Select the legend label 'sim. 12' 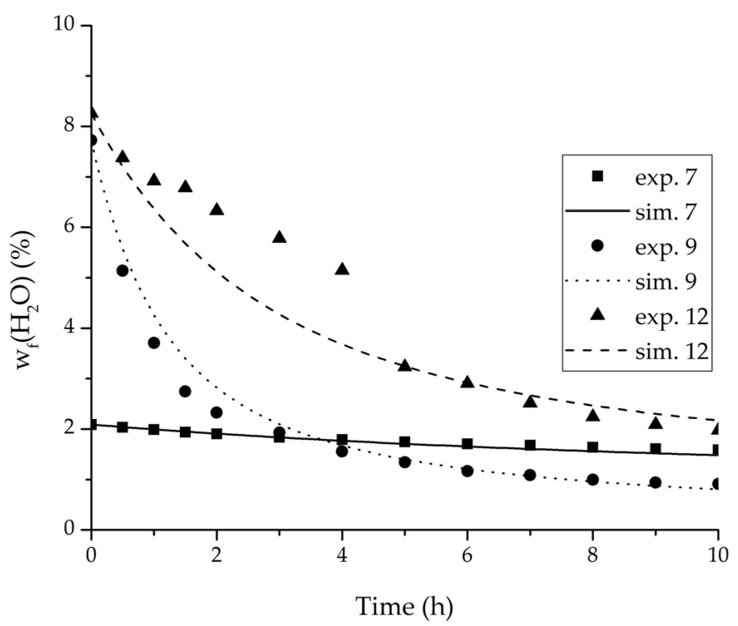pyautogui.click(x=672, y=352)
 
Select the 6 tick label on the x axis pyautogui.click(x=467, y=556)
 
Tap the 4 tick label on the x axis pyautogui.click(x=342, y=556)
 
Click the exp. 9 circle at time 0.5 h pyautogui.click(x=123, y=271)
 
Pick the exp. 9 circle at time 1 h pyautogui.click(x=154, y=343)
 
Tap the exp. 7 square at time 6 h pyautogui.click(x=467, y=444)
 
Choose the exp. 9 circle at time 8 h pyautogui.click(x=593, y=479)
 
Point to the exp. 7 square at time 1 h pyautogui.click(x=154, y=429)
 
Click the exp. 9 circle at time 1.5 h pyautogui.click(x=185, y=391)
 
